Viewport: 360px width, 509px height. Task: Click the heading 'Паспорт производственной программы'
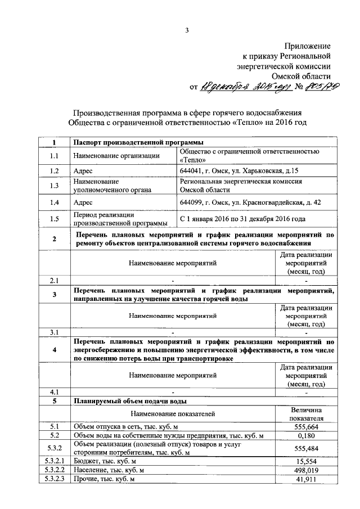[134, 142]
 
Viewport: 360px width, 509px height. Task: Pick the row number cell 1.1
[54, 155]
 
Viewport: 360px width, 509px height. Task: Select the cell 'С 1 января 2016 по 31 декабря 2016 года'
[250, 219]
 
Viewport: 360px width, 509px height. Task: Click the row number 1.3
[54, 186]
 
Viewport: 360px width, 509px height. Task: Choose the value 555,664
[306, 427]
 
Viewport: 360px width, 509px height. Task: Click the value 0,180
[306, 436]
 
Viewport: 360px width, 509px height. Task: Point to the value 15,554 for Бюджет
[306, 461]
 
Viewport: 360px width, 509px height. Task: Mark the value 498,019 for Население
[306, 470]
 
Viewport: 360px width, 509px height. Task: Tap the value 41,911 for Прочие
[306, 479]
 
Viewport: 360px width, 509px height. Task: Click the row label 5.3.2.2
[54, 470]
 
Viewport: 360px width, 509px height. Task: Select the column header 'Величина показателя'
[306, 414]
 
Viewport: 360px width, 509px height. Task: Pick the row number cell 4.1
[54, 391]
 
